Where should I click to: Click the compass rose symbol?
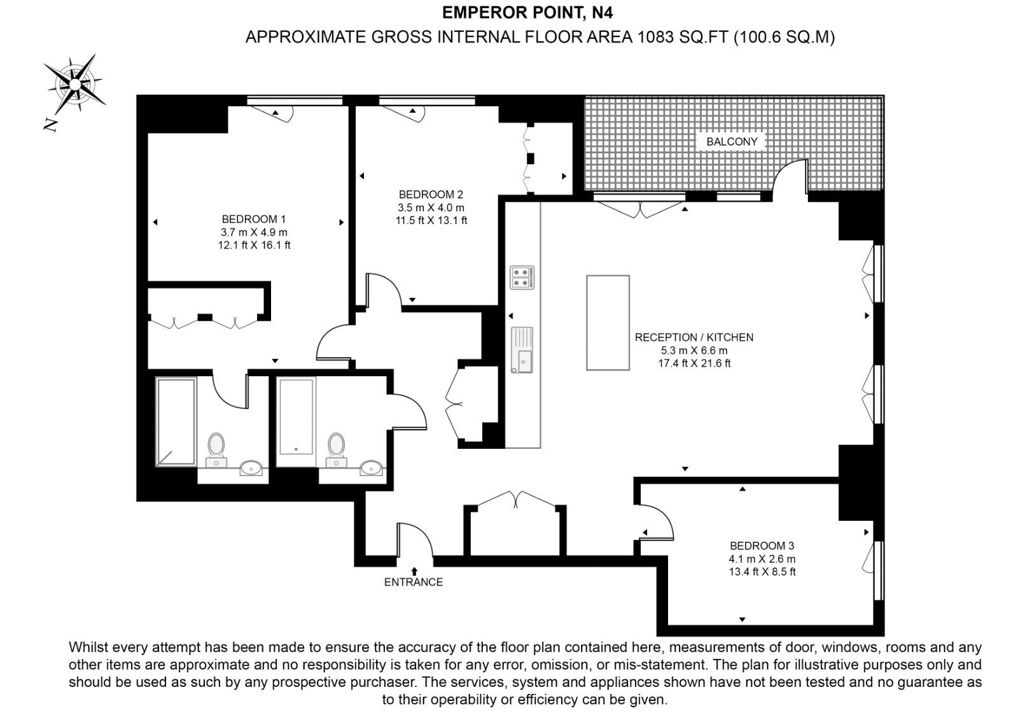pos(75,84)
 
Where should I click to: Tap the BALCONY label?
pos(732,141)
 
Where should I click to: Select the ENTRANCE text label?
pos(413,582)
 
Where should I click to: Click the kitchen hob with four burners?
pos(522,278)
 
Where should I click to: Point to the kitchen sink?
pos(522,350)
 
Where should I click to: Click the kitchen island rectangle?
pos(608,323)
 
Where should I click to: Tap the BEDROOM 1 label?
pos(254,219)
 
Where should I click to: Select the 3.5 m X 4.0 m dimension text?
pos(431,208)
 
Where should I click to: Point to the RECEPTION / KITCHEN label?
pos(694,337)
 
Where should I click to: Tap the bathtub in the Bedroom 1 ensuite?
pos(176,421)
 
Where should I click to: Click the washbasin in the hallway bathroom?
pos(372,467)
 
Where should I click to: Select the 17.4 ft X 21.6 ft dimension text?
pos(694,364)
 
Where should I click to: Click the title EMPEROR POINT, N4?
pos(527,13)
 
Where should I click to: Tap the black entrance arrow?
pos(414,571)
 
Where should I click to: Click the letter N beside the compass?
pos(51,124)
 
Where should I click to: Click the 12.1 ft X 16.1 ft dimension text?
pos(254,245)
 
